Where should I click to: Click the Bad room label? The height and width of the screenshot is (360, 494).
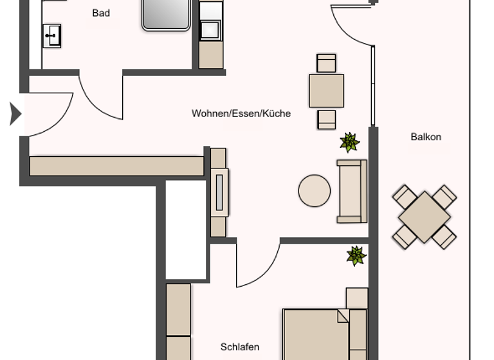point(101,13)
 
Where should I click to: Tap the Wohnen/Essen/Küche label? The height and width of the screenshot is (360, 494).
point(241,114)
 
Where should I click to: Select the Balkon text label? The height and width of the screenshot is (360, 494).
point(426,137)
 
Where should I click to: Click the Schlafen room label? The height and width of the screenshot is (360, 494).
point(240,347)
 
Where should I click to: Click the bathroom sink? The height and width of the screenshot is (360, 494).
point(51,35)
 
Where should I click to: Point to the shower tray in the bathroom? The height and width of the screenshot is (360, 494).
point(166,14)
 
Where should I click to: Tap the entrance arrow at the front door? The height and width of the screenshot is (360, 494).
point(15,114)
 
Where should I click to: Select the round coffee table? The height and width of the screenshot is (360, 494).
point(315,191)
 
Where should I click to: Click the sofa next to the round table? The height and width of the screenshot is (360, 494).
point(352,191)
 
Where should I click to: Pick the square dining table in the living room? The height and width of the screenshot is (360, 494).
point(326,91)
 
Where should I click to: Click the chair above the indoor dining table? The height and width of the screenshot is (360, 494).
point(326,63)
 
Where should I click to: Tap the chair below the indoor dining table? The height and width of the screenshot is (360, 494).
point(327,120)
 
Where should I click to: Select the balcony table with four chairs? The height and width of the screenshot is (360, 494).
point(425,217)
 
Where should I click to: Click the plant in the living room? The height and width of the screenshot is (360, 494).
point(349,142)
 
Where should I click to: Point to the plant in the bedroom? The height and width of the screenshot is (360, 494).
point(356,255)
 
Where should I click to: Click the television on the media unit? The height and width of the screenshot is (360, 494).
point(219,192)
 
